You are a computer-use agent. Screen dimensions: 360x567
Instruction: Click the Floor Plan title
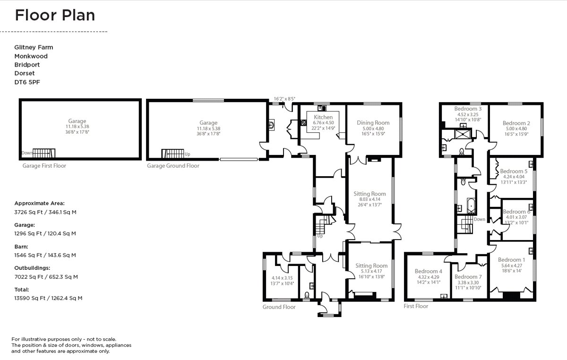(x=55, y=15)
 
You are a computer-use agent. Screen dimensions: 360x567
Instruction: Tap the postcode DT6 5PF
(x=27, y=82)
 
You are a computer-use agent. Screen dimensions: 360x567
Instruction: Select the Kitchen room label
(x=323, y=117)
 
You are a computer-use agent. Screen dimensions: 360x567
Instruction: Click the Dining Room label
(x=373, y=123)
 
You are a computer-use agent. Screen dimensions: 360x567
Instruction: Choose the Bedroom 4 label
(x=428, y=271)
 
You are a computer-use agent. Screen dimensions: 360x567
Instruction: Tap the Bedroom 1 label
(x=511, y=260)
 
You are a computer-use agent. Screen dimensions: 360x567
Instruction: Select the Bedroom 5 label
(x=514, y=171)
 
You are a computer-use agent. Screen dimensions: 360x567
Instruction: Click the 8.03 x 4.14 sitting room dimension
(x=369, y=199)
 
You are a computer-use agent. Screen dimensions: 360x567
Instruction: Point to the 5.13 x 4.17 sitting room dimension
(x=371, y=271)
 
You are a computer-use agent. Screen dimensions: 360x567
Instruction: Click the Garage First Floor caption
(x=44, y=166)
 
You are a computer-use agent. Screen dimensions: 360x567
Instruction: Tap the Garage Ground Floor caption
(x=173, y=166)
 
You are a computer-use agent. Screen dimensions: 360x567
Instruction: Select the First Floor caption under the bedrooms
(x=416, y=306)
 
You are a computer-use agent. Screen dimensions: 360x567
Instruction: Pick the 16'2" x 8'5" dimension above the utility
(x=284, y=99)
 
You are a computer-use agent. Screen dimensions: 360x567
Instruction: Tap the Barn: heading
(x=21, y=247)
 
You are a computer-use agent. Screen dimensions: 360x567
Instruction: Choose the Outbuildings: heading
(x=32, y=268)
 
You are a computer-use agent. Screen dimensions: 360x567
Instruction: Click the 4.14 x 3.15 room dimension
(x=283, y=278)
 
